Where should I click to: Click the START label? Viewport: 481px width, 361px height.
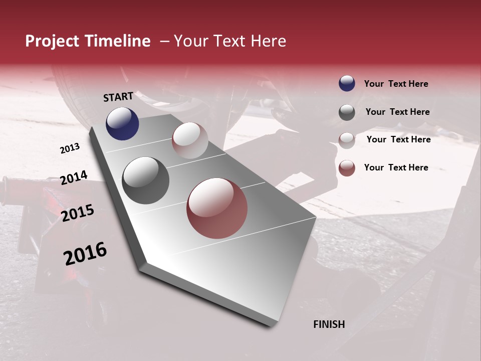[118, 97]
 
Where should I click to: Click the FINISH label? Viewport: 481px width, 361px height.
[329, 324]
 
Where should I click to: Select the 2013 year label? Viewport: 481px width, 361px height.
[70, 148]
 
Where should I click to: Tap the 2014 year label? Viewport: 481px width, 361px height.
[74, 178]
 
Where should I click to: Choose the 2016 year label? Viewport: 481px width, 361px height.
[85, 254]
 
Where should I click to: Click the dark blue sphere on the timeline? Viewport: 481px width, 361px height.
[122, 123]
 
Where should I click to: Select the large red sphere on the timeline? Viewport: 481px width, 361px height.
[217, 208]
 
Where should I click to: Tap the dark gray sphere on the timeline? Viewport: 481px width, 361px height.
[145, 180]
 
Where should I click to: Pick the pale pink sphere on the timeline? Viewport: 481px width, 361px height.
[190, 140]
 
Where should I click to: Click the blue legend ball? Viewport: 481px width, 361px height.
[347, 83]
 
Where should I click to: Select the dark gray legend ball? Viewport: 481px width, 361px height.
[347, 112]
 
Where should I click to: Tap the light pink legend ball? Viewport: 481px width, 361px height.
[347, 140]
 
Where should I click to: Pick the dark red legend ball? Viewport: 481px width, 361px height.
[347, 168]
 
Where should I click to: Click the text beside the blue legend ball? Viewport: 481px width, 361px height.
[396, 84]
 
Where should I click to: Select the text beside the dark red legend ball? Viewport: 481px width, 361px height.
[396, 167]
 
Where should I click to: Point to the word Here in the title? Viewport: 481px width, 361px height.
[269, 41]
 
